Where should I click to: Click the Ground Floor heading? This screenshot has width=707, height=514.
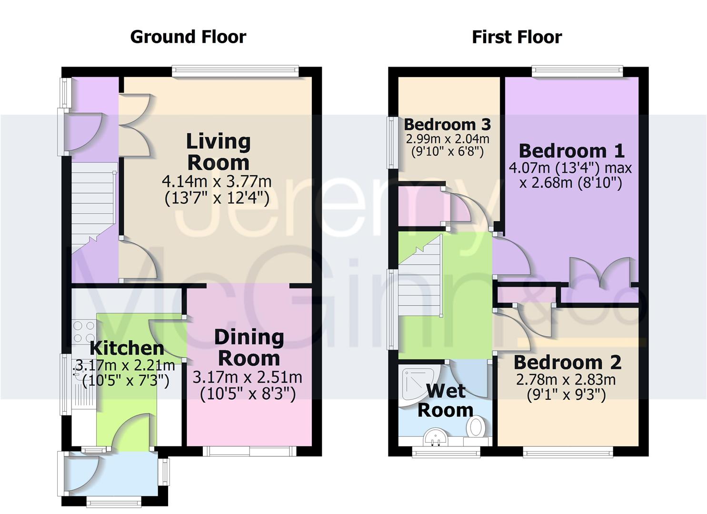tap(188, 37)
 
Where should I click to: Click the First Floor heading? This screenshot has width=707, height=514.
tap(517, 37)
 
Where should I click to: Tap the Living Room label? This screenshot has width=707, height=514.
tap(218, 152)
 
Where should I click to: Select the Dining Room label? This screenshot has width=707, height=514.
tap(249, 347)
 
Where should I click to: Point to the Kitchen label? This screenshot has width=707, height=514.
tap(127, 348)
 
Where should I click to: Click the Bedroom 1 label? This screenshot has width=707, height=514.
tap(571, 151)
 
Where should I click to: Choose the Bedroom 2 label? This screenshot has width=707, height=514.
tap(567, 363)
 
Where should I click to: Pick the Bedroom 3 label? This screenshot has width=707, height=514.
tap(447, 125)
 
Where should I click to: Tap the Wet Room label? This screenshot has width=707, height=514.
tap(445, 400)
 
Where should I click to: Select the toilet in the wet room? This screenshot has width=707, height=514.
tap(476, 427)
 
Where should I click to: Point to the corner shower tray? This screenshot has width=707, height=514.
tap(414, 383)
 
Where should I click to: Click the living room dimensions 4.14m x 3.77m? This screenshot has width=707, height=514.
tap(217, 189)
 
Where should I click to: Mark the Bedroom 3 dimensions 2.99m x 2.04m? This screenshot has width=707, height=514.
tap(447, 145)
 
